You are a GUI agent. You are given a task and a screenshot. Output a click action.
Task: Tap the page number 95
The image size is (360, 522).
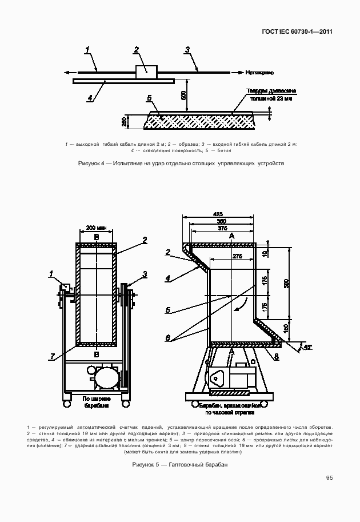click(330, 478)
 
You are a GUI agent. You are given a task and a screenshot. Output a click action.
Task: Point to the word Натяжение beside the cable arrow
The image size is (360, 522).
click(260, 73)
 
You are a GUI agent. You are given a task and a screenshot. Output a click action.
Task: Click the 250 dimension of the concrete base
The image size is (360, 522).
click(124, 121)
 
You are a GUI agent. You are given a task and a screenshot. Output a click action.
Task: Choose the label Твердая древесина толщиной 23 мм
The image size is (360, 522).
click(271, 95)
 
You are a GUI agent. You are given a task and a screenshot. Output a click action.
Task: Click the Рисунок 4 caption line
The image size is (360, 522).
click(181, 164)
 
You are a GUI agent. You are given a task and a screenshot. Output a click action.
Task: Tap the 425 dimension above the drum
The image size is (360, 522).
click(218, 214)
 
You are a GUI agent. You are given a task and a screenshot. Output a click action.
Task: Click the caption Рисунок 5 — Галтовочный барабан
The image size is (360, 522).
click(180, 465)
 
